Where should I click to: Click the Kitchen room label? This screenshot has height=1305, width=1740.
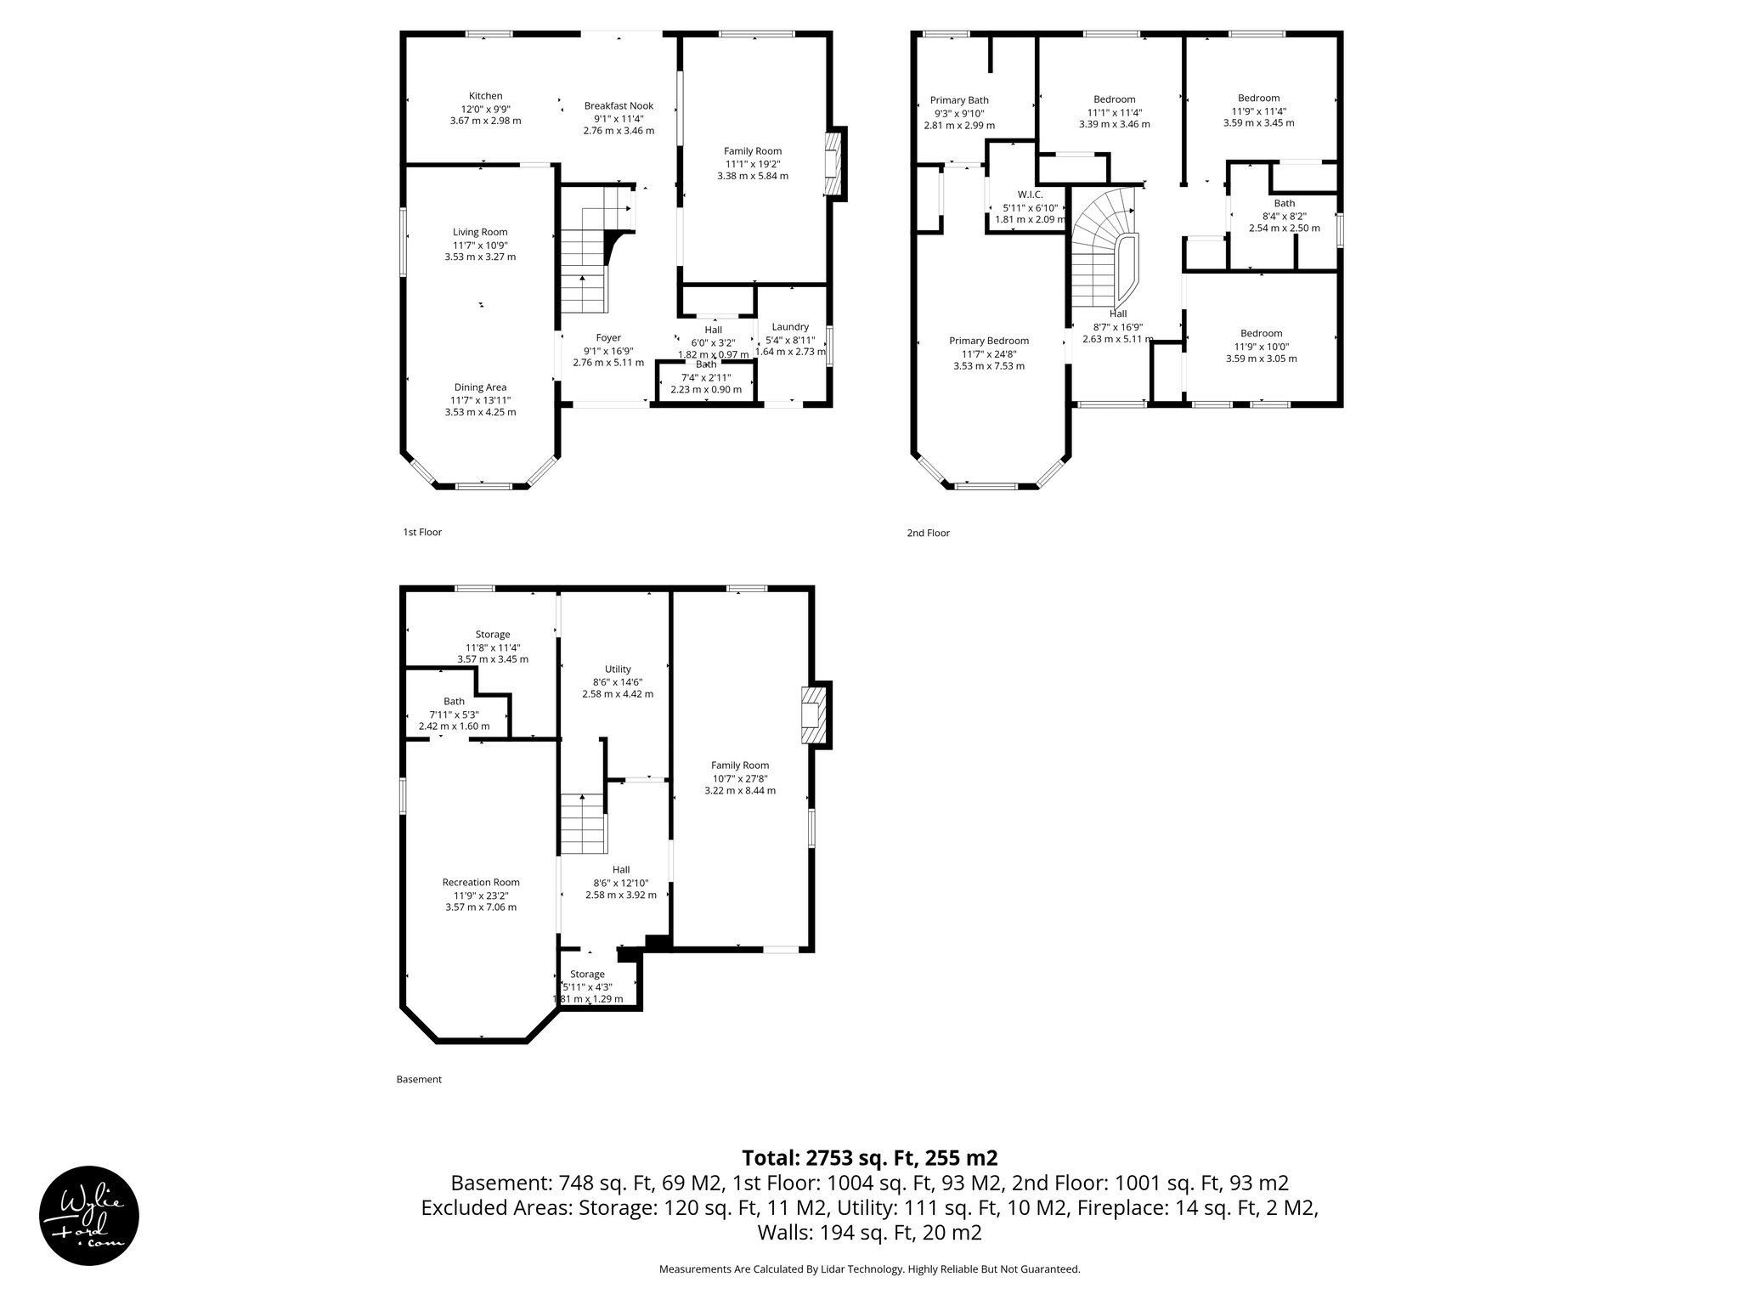click(485, 96)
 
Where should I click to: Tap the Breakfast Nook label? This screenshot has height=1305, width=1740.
click(618, 106)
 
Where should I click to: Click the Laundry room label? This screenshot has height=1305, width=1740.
click(789, 327)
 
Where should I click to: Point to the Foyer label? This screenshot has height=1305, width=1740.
click(607, 338)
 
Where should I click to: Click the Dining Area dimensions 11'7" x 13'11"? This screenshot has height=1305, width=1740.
click(480, 400)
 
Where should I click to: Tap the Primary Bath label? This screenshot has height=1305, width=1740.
click(958, 100)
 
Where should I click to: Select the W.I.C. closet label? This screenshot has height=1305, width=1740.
click(1029, 195)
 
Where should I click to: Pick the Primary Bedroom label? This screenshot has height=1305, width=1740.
click(988, 341)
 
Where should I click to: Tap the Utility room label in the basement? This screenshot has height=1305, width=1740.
click(618, 669)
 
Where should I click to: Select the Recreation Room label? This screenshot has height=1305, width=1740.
click(480, 882)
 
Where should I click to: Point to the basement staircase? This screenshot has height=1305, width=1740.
click(583, 824)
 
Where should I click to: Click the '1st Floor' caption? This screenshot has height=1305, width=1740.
click(422, 533)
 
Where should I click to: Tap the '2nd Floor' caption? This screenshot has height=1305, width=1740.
click(927, 534)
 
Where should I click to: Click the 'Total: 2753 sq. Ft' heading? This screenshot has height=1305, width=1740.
click(869, 1158)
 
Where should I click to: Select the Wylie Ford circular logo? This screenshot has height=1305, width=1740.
click(89, 1215)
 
